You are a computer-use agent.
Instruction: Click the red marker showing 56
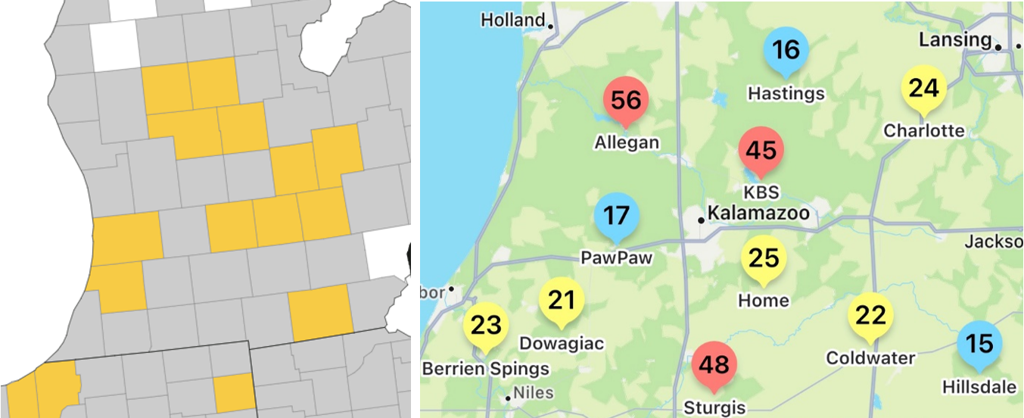[x=626, y=101]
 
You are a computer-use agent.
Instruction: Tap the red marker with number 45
[x=761, y=150]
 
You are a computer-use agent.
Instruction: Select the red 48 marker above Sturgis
[x=714, y=365]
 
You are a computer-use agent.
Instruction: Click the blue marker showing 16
[x=786, y=50]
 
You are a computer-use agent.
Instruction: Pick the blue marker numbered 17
[x=617, y=216]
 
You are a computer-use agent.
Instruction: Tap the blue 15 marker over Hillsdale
[x=979, y=345]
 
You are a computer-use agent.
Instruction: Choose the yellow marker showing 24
[x=923, y=89]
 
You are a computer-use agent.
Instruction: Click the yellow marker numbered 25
[x=763, y=258]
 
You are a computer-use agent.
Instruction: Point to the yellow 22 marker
[x=870, y=315]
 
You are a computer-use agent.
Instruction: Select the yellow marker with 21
[x=562, y=301]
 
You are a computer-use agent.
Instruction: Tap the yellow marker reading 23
[x=486, y=326]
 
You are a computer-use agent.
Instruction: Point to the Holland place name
[x=513, y=20]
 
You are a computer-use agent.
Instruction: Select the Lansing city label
[x=954, y=39]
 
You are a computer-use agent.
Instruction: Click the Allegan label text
[x=627, y=142]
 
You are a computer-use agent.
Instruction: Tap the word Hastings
[x=786, y=93]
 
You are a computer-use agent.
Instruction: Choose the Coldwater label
[x=870, y=357]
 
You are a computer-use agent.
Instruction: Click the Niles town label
[x=534, y=393]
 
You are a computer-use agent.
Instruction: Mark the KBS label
[x=761, y=192]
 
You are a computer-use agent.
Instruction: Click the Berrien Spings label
[x=485, y=369]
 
